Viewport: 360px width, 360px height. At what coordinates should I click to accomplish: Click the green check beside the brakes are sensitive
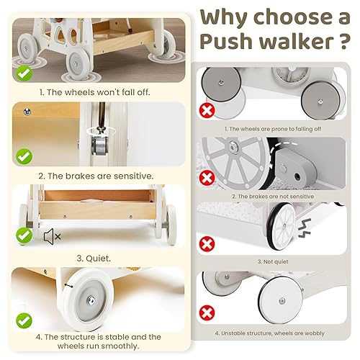coord(24,156)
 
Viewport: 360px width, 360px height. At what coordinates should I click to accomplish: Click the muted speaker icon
coord(52,235)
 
